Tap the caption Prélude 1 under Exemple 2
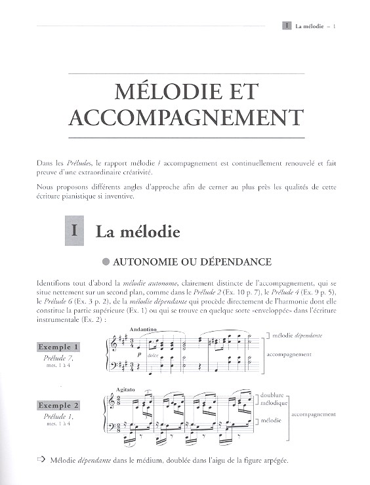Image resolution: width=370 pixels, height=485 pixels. click(60, 417)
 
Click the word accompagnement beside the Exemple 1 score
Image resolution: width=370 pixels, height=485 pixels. click(289, 354)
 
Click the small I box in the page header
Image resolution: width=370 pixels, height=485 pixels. click(286, 26)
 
